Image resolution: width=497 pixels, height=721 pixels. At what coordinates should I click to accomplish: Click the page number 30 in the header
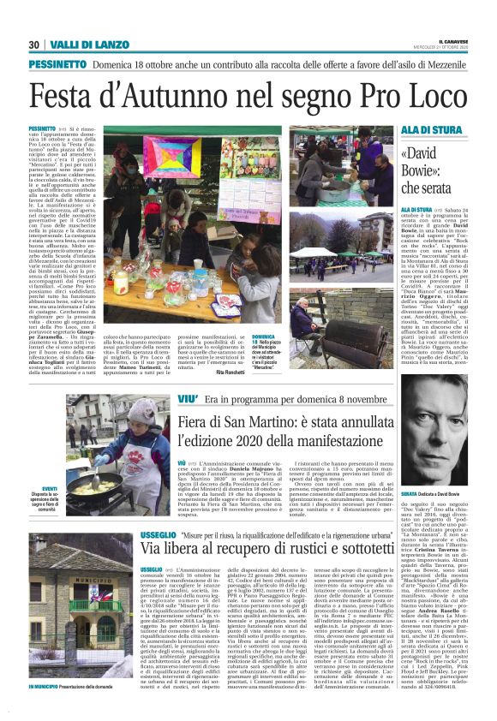(34, 45)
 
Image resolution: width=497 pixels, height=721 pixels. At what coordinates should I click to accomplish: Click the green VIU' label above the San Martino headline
(189, 399)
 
